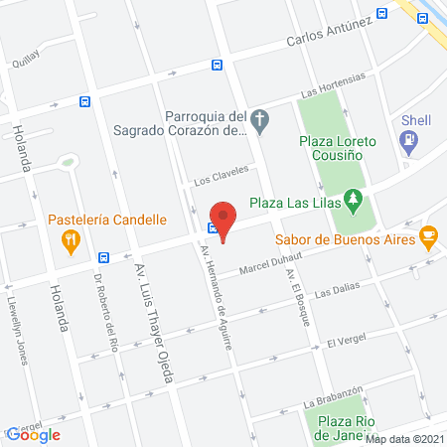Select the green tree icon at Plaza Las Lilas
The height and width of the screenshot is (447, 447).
tap(352, 203)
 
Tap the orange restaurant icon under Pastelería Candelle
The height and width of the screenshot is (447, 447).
tap(70, 238)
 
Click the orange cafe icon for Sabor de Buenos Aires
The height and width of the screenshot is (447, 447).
tap(428, 236)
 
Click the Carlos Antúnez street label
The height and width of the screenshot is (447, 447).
tap(329, 33)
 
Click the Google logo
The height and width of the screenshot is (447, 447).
tap(34, 434)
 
